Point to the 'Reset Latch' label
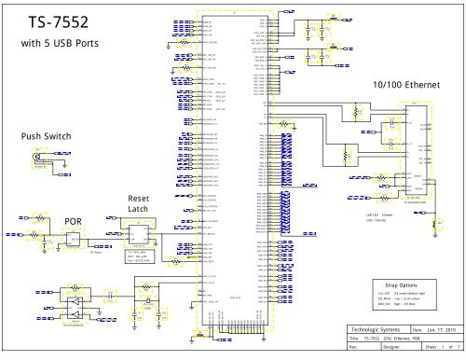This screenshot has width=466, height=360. (x=139, y=205)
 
